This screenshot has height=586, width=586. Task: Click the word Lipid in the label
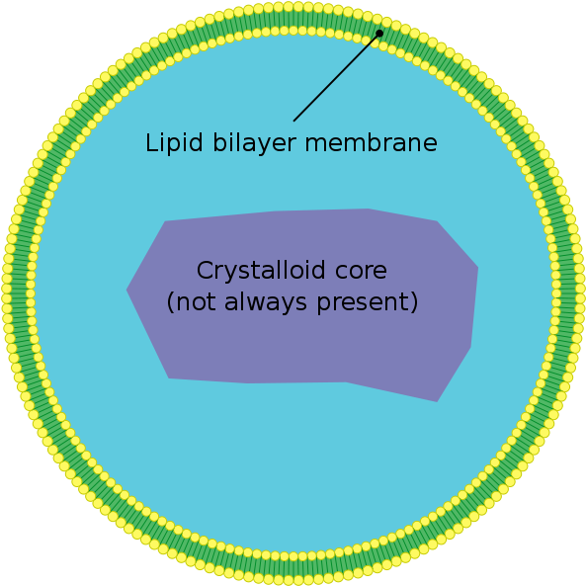(x=174, y=143)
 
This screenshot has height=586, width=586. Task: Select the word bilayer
(x=255, y=143)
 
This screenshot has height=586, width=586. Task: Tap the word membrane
(x=372, y=142)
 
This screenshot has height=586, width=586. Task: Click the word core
(x=361, y=272)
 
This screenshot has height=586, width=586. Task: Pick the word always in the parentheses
(x=266, y=302)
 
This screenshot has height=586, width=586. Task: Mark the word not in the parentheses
(x=196, y=303)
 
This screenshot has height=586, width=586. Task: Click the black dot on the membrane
(x=379, y=34)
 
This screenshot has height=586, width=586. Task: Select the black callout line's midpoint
(x=336, y=77)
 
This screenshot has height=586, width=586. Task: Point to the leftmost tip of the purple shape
(x=126, y=290)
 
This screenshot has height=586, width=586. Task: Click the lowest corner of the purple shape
(x=437, y=402)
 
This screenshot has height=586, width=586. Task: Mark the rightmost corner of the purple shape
(x=478, y=268)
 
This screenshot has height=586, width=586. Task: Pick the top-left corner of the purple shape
(x=165, y=221)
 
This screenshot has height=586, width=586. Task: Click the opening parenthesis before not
(x=170, y=302)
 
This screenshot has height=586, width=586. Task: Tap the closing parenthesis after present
(x=414, y=302)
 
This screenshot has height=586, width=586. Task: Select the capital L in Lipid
(x=151, y=142)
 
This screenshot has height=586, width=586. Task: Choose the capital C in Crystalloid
(x=204, y=270)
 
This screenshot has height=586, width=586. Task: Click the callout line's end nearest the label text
(x=293, y=122)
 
